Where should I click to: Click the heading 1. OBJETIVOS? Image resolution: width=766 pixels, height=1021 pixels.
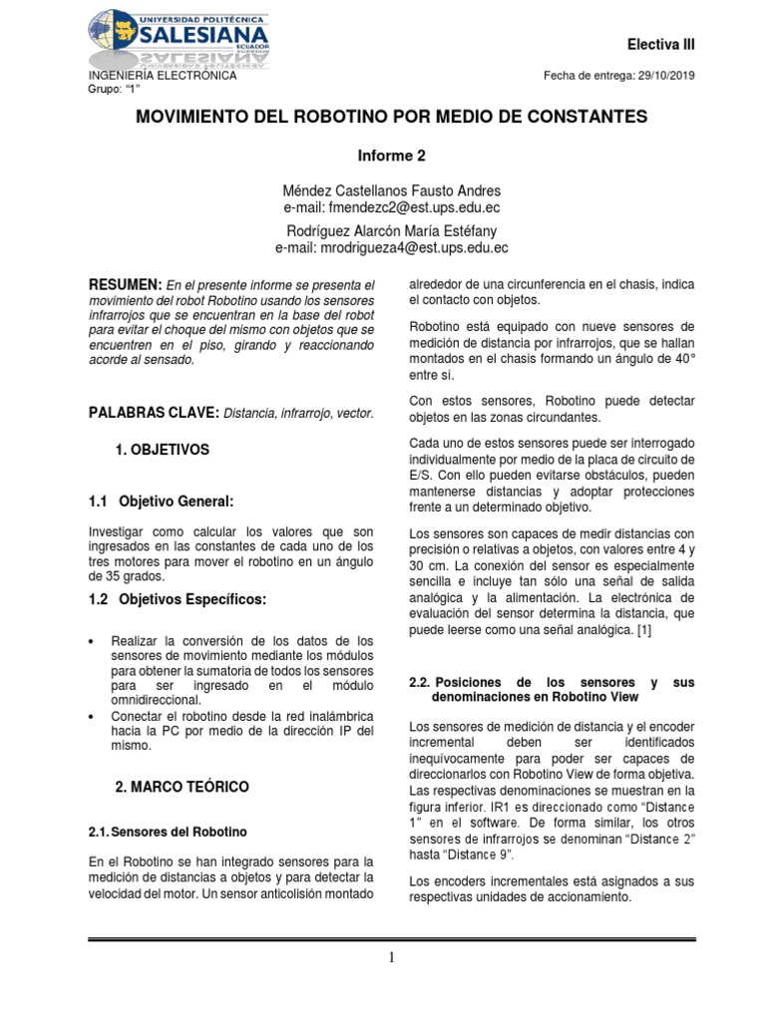tap(163, 450)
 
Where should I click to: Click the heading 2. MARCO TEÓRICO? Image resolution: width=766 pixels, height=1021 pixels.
tap(182, 787)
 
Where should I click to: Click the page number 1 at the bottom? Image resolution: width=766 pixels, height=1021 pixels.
tap(392, 958)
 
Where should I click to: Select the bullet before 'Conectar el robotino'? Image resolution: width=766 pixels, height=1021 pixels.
tap(93, 717)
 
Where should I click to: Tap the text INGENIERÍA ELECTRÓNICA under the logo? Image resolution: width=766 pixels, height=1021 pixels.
tap(163, 76)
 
